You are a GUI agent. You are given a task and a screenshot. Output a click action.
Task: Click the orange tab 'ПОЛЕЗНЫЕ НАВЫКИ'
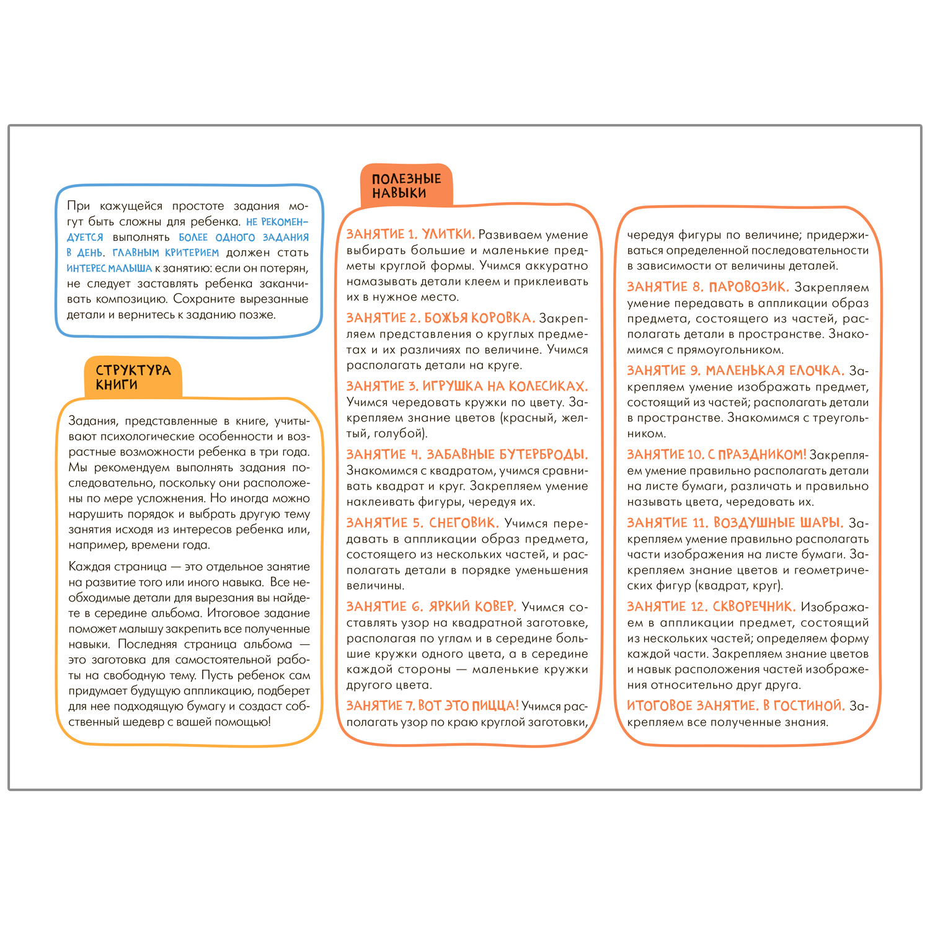[406, 186]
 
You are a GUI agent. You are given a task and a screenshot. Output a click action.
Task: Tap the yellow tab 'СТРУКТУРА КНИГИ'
[133, 377]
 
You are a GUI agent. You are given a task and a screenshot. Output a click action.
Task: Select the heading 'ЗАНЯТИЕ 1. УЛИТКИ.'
[410, 234]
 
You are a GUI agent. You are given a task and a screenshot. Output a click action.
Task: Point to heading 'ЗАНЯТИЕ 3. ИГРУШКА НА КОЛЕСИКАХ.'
[467, 386]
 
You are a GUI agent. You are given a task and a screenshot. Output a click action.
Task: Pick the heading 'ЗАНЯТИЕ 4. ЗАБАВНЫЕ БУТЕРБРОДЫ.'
[467, 454]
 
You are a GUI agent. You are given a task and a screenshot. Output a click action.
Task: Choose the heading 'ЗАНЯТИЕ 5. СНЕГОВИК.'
[422, 523]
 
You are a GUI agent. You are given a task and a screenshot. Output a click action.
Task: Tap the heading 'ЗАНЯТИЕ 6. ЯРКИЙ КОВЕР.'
[431, 606]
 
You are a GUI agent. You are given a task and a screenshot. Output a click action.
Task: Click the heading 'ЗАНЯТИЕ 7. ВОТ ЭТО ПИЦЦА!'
[432, 706]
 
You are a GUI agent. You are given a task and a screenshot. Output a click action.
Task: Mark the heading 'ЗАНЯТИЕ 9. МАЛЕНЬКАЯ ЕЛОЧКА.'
[735, 371]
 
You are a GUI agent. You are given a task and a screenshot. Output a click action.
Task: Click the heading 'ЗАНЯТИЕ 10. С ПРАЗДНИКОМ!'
[716, 454]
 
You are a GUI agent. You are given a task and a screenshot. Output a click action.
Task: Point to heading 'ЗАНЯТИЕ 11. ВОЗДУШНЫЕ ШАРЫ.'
[735, 523]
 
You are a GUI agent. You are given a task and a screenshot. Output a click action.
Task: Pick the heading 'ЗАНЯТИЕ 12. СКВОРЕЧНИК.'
[711, 606]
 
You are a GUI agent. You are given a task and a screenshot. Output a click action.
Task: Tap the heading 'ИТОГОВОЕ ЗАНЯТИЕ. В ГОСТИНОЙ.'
[735, 706]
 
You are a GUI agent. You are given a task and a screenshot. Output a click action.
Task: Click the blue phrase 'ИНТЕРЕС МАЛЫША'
[109, 268]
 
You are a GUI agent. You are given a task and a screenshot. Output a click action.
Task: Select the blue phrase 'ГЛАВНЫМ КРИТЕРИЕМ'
[166, 253]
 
